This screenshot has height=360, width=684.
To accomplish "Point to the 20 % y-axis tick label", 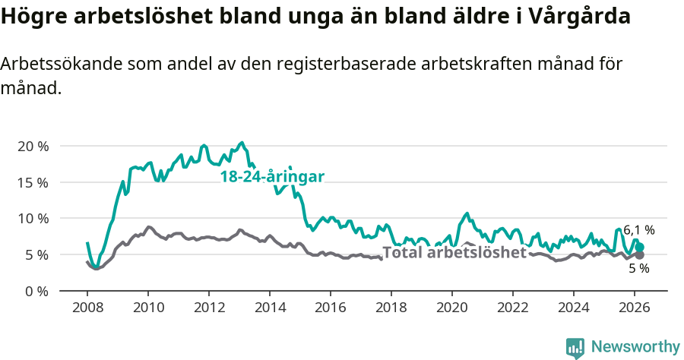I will [x=33, y=146].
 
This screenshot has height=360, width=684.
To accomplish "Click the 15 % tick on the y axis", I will [x=33, y=182].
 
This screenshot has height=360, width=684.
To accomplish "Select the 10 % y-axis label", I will [x=33, y=219].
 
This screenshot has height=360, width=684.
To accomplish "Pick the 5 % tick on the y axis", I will [x=36, y=254].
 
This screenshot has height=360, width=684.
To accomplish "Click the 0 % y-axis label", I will [x=36, y=291].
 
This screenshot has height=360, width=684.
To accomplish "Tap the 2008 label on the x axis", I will [x=87, y=307].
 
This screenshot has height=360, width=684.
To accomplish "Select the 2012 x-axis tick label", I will [x=209, y=307].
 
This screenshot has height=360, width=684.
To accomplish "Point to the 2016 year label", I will [x=331, y=307].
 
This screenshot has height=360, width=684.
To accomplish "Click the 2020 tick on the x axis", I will [x=452, y=307].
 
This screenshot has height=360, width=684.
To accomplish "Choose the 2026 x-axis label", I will [x=635, y=307].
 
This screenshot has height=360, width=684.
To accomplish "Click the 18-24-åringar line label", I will [x=272, y=177].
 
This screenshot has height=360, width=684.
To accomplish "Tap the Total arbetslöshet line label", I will [x=454, y=253].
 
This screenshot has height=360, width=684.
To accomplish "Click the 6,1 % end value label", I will [x=638, y=230].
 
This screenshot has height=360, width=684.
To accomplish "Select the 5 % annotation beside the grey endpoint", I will [x=638, y=268].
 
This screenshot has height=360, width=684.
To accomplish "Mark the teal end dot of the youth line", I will [x=640, y=247].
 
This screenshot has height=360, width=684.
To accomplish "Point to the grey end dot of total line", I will [x=640, y=255].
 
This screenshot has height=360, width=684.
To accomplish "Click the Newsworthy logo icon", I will [x=575, y=348].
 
